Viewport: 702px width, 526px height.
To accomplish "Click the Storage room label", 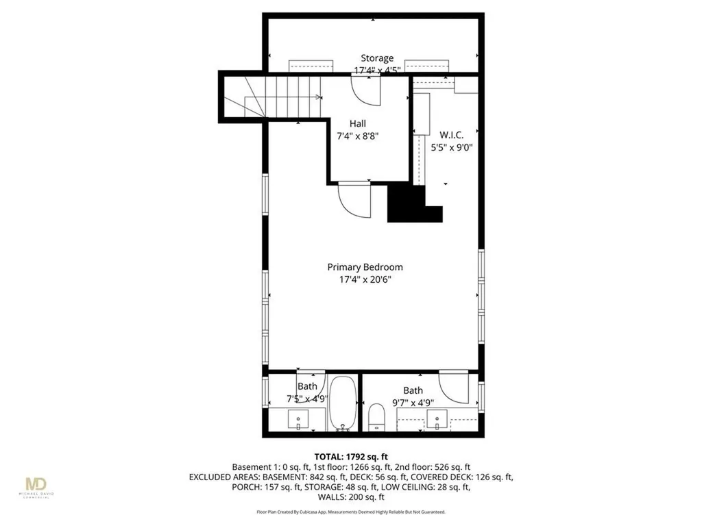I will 378,58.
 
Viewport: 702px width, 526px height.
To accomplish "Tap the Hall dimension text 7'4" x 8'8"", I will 356,136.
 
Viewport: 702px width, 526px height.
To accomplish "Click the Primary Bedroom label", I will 365,267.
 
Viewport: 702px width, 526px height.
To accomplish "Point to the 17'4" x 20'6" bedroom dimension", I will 365,279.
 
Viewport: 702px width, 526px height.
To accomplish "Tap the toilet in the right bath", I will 376,417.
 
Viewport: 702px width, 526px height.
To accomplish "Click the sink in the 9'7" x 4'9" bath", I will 438,418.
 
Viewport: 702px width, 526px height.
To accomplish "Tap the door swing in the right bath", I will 453,388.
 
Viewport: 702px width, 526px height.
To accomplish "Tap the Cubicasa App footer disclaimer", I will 351,512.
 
